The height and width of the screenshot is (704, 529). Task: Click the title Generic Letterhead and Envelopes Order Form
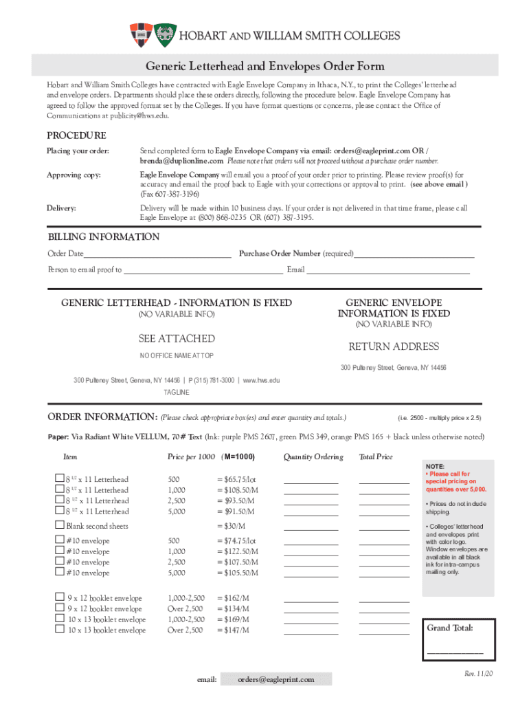pyautogui.click(x=264, y=66)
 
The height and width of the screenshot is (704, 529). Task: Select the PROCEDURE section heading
pyautogui.click(x=76, y=135)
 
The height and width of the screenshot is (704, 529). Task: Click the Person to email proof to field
pyautogui.click(x=203, y=270)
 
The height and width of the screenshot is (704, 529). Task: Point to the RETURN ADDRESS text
pyautogui.click(x=393, y=346)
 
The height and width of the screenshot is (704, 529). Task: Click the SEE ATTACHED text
pyautogui.click(x=177, y=339)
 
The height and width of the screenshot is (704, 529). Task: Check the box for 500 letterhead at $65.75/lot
pyautogui.click(x=59, y=478)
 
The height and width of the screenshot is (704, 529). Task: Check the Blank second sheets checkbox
pyautogui.click(x=59, y=525)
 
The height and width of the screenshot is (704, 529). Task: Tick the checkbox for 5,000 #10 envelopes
pyautogui.click(x=59, y=572)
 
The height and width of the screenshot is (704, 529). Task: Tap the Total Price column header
pyautogui.click(x=376, y=457)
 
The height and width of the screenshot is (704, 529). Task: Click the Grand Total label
pyautogui.click(x=450, y=628)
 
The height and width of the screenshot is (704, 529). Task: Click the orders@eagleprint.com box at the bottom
pyautogui.click(x=276, y=679)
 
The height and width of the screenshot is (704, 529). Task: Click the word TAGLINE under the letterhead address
pyautogui.click(x=177, y=393)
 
